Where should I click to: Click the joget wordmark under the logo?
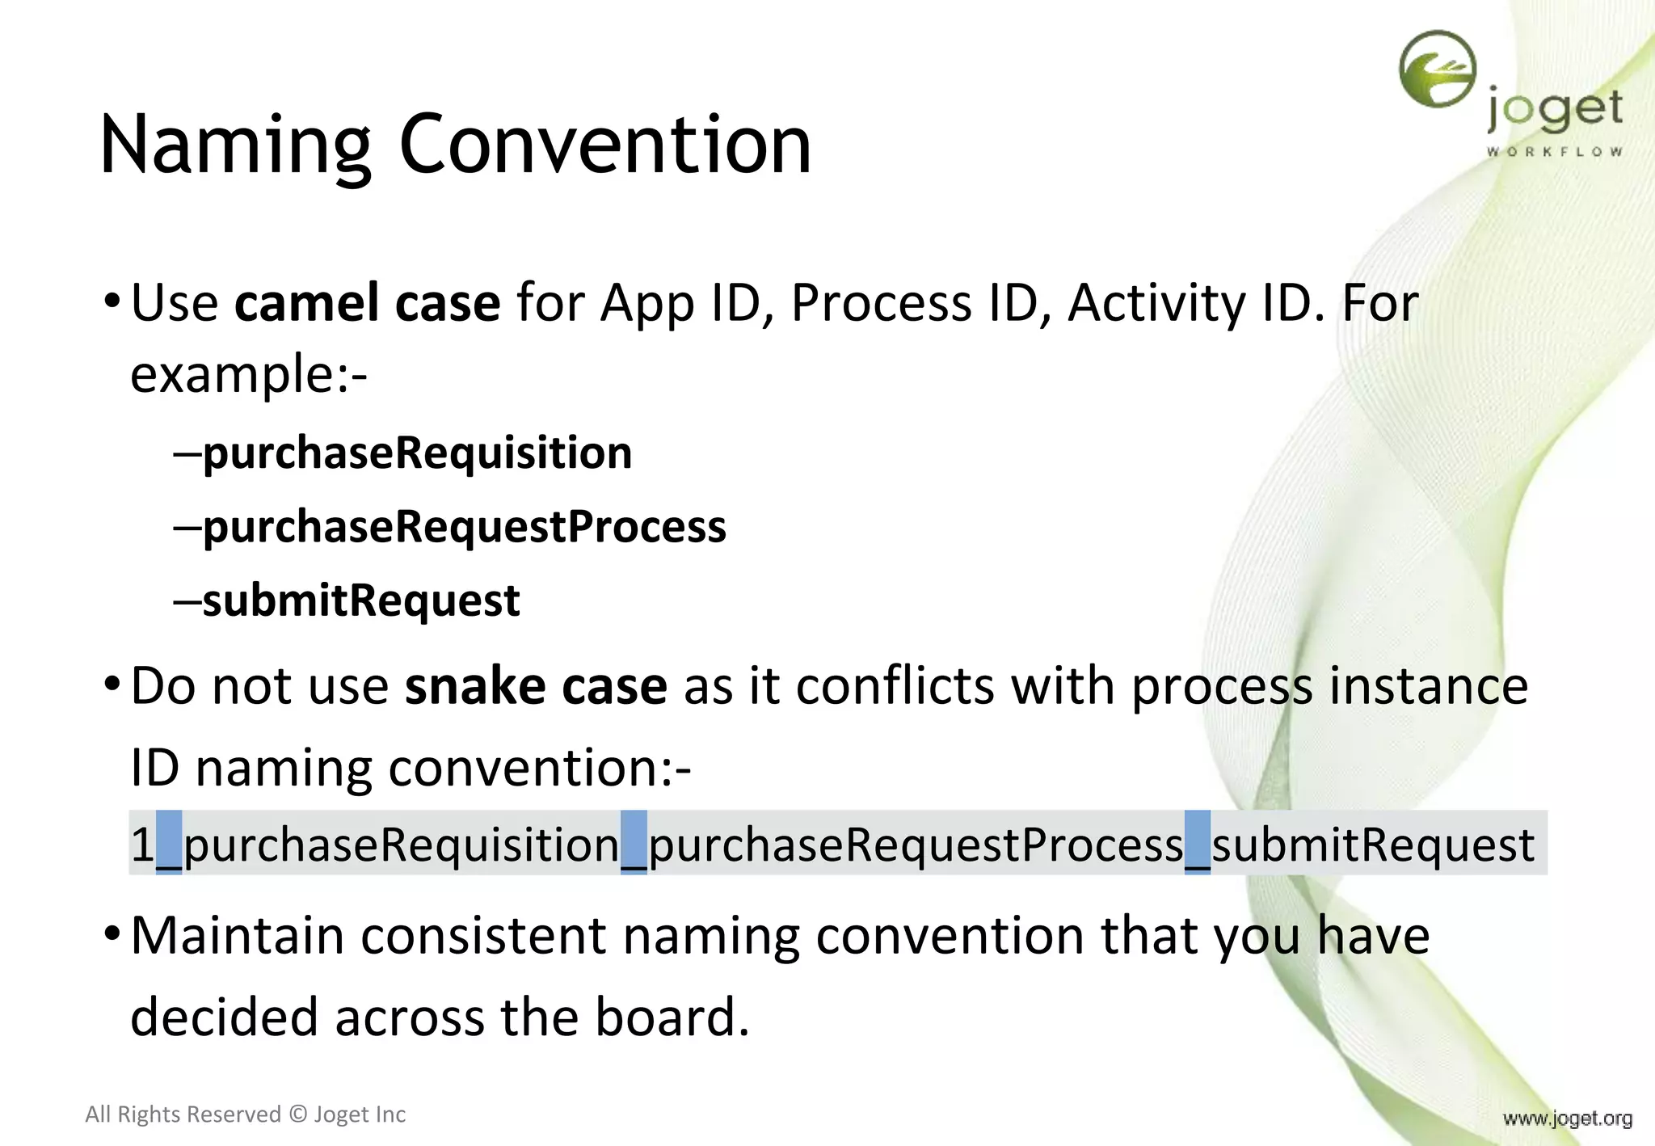point(1554,112)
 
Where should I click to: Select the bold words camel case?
point(367,304)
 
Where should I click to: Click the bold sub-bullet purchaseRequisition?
point(417,453)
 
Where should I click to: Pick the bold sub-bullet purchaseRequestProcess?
point(464,527)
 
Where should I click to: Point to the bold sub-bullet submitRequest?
point(360,601)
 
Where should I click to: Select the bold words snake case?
point(536,687)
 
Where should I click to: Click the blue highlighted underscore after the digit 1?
point(168,844)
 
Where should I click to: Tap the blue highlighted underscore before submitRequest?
point(1197,844)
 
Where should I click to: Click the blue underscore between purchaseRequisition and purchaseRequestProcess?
point(634,844)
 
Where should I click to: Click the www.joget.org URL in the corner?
point(1567,1119)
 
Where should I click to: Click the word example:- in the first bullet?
point(249,376)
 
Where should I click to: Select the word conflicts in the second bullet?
point(895,687)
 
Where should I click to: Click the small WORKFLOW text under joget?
point(1554,152)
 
